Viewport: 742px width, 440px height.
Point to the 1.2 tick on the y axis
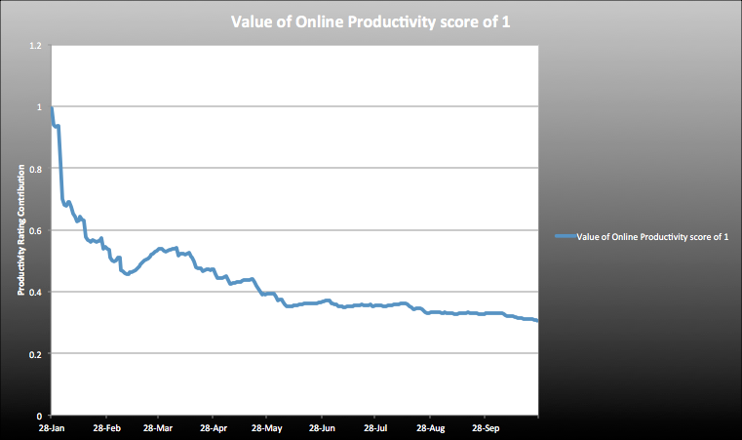click(35, 46)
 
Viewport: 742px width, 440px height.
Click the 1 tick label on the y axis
click(39, 107)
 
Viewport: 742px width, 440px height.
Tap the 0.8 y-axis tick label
click(35, 169)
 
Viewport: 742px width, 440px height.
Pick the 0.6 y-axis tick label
click(35, 230)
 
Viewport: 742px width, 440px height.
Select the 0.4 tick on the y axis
click(35, 292)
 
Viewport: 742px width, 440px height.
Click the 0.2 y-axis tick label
click(35, 353)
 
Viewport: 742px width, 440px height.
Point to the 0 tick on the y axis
click(39, 415)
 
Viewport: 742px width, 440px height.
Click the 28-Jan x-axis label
click(52, 428)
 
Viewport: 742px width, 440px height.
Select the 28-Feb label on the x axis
click(106, 428)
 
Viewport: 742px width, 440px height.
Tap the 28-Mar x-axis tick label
click(158, 428)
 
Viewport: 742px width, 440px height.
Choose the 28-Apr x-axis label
click(213, 428)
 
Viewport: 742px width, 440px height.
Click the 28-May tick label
click(265, 428)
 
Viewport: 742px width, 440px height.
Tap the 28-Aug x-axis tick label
click(429, 428)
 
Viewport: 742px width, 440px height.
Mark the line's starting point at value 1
click(52, 107)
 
